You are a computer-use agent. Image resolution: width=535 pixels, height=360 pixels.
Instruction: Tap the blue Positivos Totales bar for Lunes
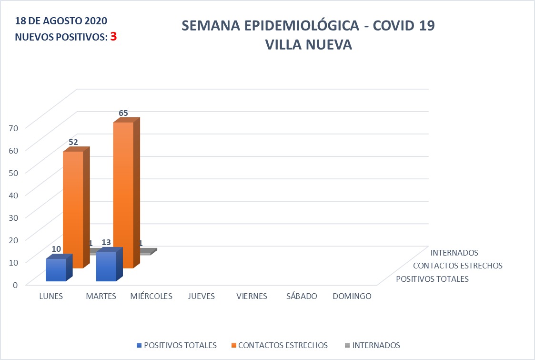(56, 270)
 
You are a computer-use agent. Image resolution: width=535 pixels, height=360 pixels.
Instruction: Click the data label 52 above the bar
(73, 142)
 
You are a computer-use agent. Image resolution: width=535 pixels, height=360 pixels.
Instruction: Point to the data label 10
(56, 249)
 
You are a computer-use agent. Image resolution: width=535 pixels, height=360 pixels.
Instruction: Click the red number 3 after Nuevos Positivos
(113, 37)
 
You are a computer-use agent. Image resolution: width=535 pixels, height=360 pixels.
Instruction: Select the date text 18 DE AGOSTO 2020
(61, 21)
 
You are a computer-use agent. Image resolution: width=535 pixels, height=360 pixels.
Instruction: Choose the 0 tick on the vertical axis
(15, 284)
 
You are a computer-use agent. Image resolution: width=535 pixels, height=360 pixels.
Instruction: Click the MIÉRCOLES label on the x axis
(151, 296)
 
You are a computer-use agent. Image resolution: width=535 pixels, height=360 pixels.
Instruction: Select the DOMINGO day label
(352, 296)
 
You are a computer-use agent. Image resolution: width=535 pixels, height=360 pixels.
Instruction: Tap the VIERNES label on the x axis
(252, 296)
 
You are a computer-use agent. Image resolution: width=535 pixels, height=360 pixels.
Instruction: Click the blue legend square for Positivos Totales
(139, 345)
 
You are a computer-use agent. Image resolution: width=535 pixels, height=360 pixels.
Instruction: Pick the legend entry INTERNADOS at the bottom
(376, 345)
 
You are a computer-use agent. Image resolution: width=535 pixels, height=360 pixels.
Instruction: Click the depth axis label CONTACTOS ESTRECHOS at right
(457, 266)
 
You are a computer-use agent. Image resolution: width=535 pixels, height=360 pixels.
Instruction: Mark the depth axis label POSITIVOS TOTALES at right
(432, 279)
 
